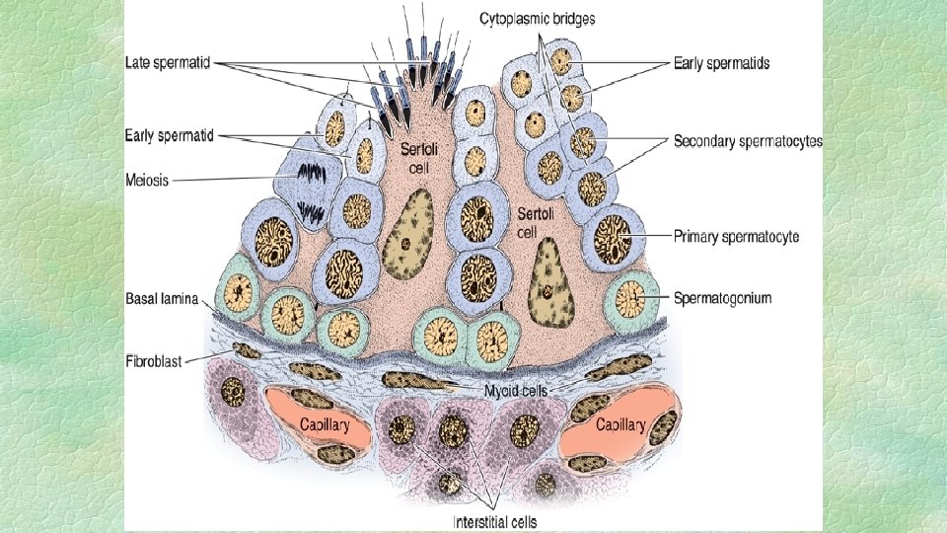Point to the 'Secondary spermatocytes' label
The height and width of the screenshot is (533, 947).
747,141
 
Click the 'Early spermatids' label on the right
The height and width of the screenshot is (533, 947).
721,62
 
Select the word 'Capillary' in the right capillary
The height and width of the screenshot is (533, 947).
620,425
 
